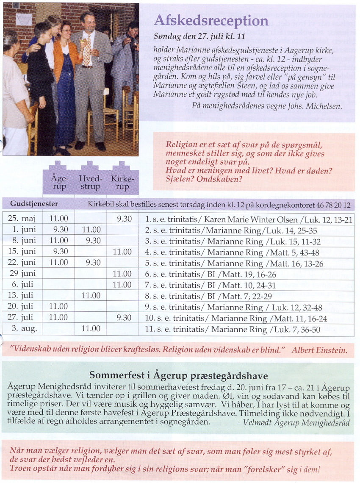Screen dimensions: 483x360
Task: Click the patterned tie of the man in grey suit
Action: pyautogui.click(x=87, y=53)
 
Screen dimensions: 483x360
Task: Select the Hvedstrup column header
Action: pyautogui.click(x=90, y=183)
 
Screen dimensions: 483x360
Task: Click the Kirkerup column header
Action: pyautogui.click(x=122, y=183)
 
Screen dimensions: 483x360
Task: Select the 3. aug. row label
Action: pyautogui.click(x=24, y=329)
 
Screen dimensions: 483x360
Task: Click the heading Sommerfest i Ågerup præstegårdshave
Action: pyautogui.click(x=179, y=375)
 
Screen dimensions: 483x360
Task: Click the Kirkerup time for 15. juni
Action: pyautogui.click(x=122, y=252)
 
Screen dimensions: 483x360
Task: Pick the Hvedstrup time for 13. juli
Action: pyautogui.click(x=91, y=296)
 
